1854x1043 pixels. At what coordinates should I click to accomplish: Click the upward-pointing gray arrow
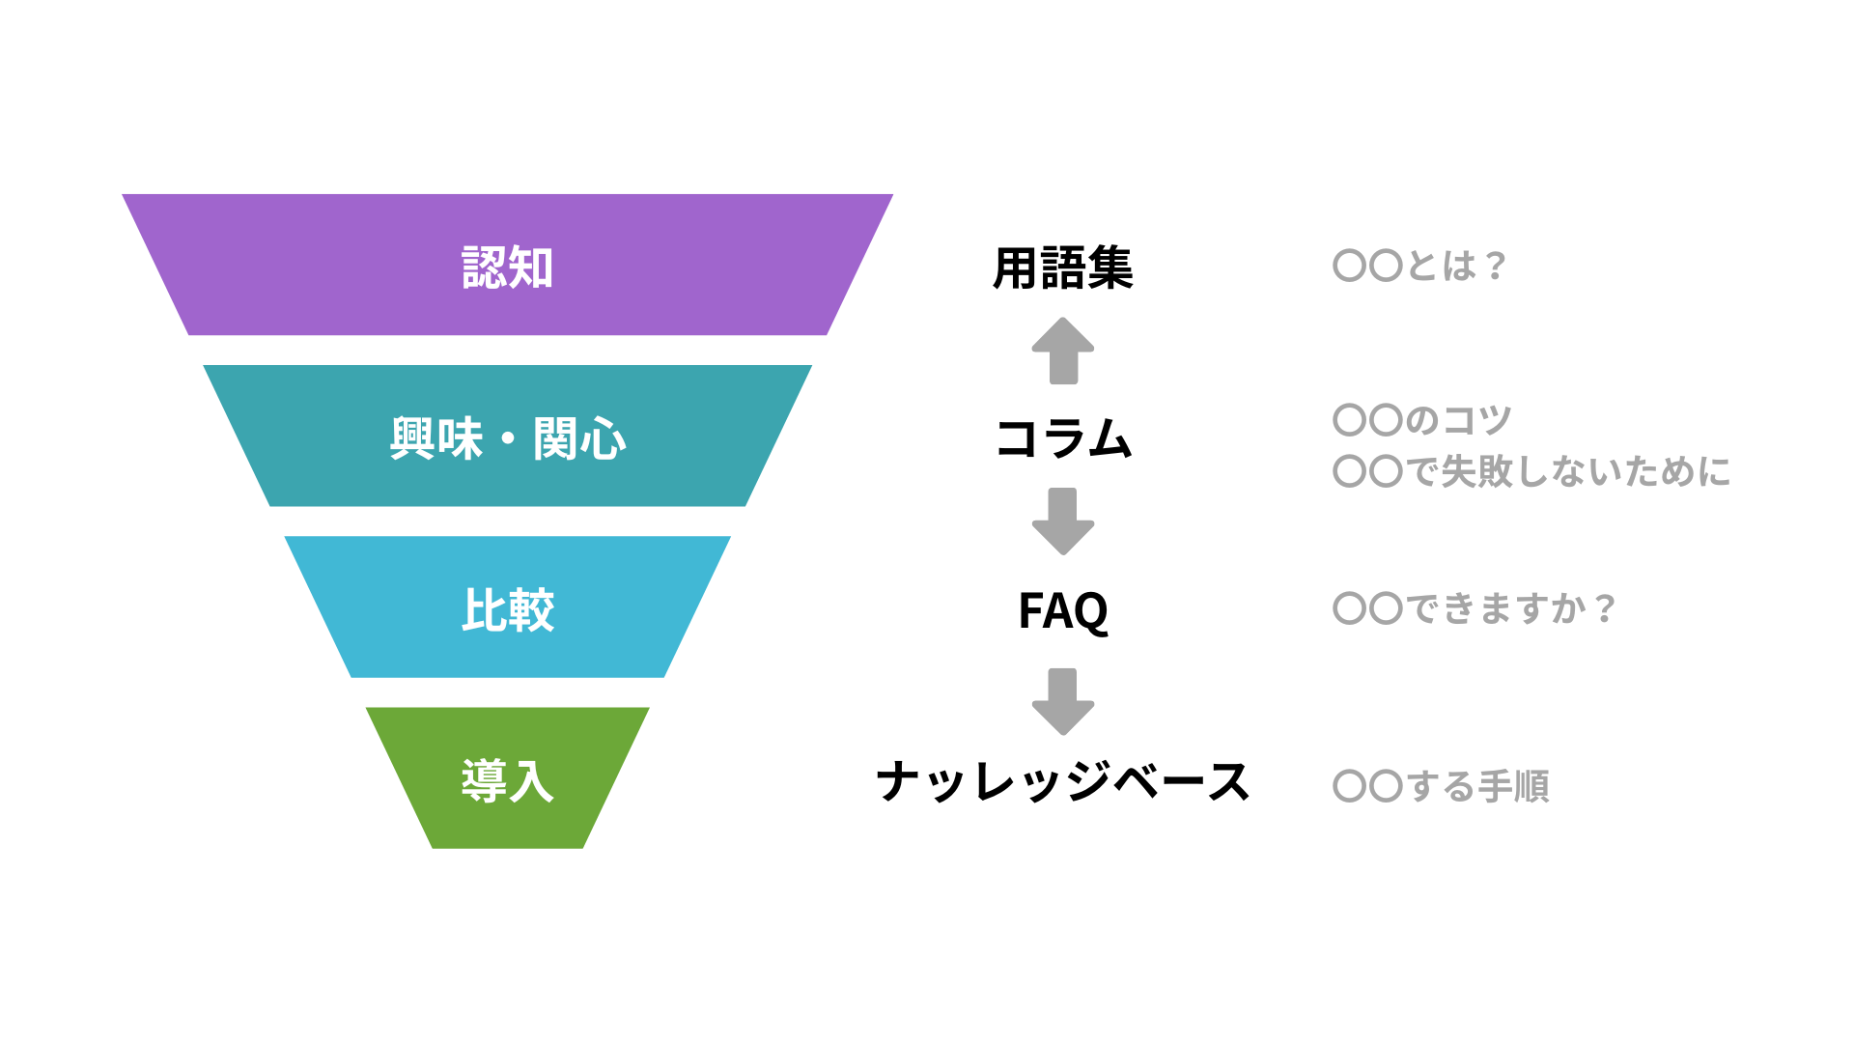tap(1062, 352)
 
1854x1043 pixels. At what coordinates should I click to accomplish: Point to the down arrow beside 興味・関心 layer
tap(1062, 521)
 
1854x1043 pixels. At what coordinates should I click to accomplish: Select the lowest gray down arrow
tap(1062, 701)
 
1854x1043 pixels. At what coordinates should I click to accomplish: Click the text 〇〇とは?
tap(1418, 266)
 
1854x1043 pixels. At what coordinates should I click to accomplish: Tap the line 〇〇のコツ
tap(1421, 420)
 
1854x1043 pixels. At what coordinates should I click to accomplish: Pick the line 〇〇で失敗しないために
tap(1531, 472)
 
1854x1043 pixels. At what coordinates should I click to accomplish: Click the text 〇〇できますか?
tap(1473, 608)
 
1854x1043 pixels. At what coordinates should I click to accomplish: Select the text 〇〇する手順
tap(1441, 786)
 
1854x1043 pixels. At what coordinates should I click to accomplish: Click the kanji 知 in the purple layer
tap(531, 268)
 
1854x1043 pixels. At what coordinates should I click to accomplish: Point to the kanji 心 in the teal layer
tap(604, 439)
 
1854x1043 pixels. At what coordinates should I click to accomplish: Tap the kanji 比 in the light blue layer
tap(484, 610)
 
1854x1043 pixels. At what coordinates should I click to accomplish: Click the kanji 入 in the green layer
tap(531, 781)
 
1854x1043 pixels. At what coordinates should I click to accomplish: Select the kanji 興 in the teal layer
tap(412, 439)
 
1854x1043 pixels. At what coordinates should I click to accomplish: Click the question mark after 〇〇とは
tap(1496, 266)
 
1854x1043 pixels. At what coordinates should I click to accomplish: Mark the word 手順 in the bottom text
tap(1513, 786)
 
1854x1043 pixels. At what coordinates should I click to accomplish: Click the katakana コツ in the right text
tap(1476, 420)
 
